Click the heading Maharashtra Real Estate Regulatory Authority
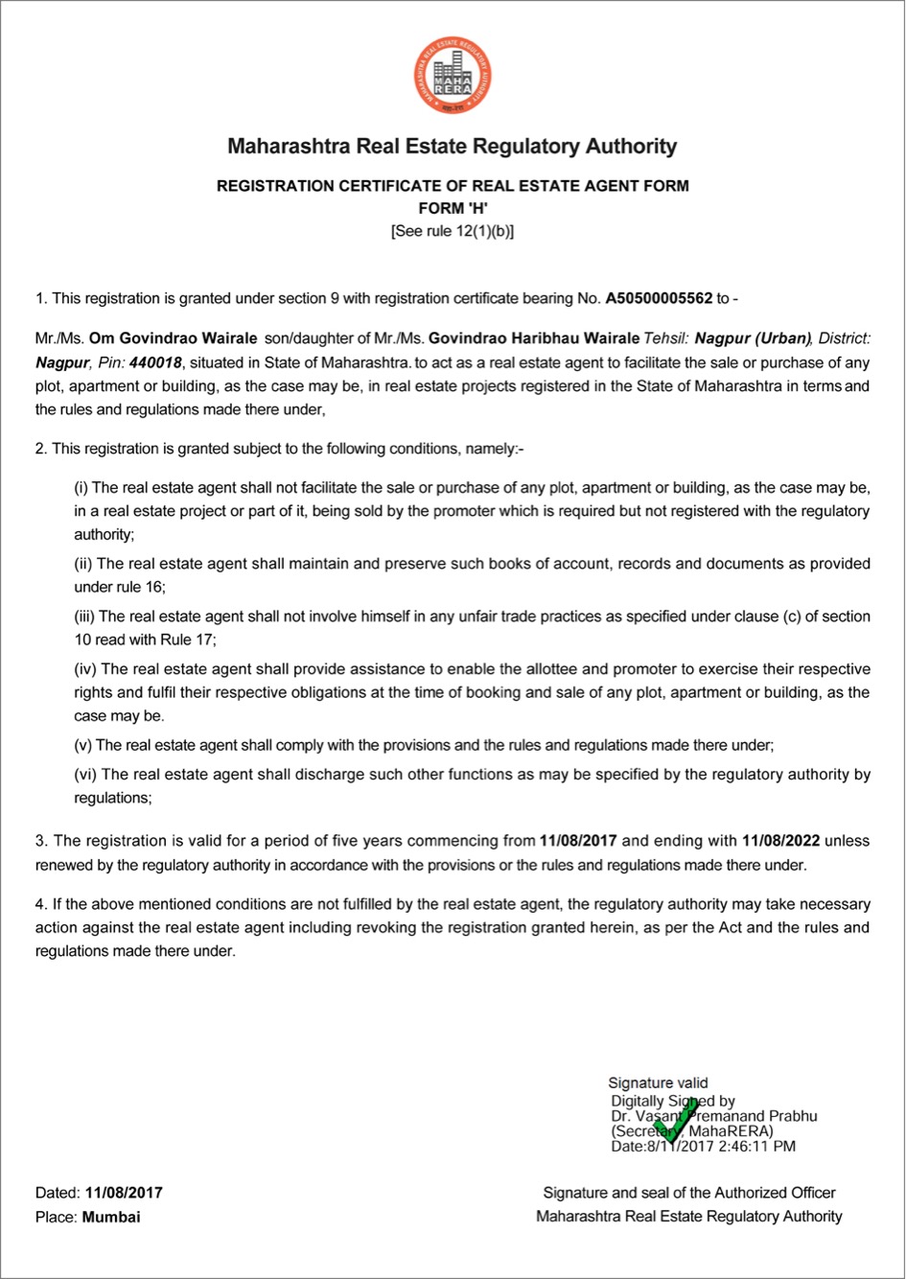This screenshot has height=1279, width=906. (453, 147)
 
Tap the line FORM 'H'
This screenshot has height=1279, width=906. (453, 208)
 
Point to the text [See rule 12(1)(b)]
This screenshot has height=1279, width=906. (453, 231)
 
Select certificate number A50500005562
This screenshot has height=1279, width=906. (659, 298)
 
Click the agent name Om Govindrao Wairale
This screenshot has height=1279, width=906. (173, 338)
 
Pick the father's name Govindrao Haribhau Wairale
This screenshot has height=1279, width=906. (534, 338)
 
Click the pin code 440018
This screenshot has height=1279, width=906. (154, 362)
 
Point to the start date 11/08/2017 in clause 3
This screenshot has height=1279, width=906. (578, 841)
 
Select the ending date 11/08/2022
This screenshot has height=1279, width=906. (781, 841)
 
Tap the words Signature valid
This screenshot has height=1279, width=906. (658, 1083)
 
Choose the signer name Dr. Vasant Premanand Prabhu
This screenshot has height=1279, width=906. (714, 1116)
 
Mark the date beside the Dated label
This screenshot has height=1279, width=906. (124, 1193)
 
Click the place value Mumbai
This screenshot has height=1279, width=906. (111, 1217)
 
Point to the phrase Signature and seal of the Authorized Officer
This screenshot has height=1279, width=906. (689, 1193)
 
